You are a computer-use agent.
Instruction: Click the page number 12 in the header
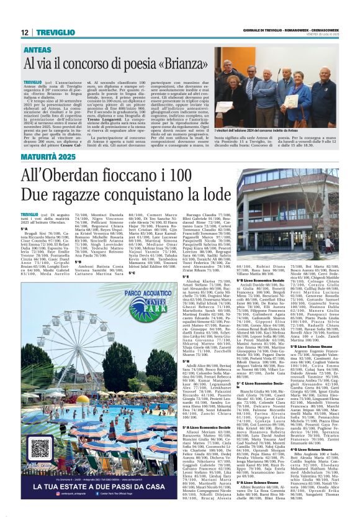[25, 32]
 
